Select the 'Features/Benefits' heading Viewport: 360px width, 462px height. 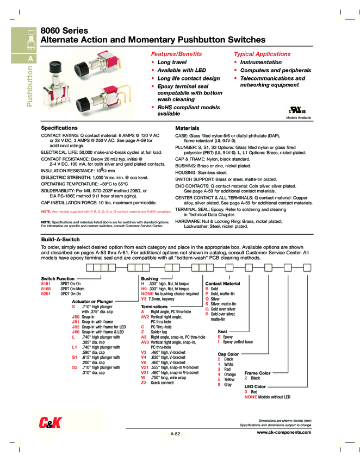(x=176, y=54)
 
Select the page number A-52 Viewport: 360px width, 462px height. (x=175, y=434)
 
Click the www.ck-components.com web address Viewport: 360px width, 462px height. (x=283, y=432)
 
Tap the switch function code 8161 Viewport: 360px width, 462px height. (x=46, y=284)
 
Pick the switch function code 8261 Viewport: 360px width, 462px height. (x=46, y=294)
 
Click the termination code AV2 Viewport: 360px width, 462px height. (x=145, y=316)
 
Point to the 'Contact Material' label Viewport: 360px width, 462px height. (x=222, y=284)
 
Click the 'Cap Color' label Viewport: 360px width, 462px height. (x=228, y=354)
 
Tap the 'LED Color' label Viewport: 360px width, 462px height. (x=255, y=386)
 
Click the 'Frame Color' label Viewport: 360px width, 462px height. (x=257, y=373)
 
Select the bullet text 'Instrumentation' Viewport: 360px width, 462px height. (x=260, y=63)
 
